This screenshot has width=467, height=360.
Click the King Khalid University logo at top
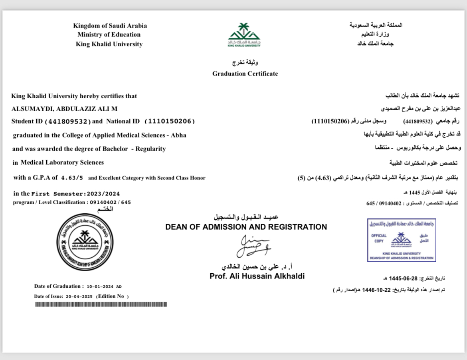[244, 35]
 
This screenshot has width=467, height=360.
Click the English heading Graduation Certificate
[245, 74]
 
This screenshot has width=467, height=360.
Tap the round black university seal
[85, 242]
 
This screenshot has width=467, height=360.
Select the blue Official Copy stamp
[401, 240]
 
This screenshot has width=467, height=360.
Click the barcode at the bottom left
[101, 304]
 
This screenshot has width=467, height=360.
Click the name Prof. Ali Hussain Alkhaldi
[257, 276]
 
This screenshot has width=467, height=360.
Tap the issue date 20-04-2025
[79, 296]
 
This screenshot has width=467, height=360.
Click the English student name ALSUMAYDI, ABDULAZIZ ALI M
[64, 109]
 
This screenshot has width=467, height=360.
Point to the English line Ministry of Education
[109, 35]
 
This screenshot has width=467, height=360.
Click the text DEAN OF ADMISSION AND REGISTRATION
[246, 227]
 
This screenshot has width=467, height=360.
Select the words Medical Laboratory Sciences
[62, 162]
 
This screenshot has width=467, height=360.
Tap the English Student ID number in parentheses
[68, 121]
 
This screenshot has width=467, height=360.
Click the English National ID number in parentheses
[169, 121]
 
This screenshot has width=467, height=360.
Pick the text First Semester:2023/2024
[76, 194]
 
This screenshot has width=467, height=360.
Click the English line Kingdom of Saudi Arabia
[110, 26]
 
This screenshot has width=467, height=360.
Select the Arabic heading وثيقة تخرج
[245, 63]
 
